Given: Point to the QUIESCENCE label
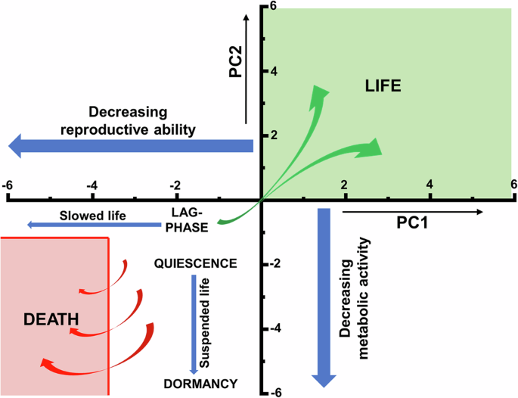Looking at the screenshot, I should coord(195,263).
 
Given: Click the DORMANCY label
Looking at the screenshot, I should coord(200,384).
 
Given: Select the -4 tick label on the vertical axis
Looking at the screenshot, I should coord(275,328).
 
